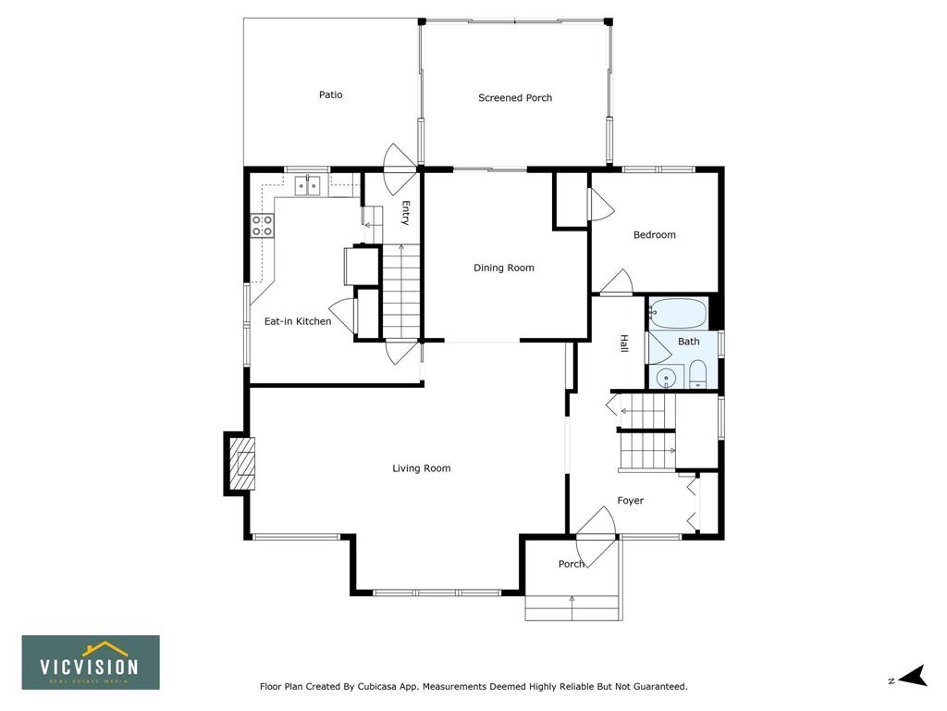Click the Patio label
pos(330,95)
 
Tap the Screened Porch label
pos(515,98)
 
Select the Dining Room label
pos(504,268)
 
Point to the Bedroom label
pos(654,234)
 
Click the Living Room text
pos(422,468)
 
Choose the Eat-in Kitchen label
pos(298,321)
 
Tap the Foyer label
pos(630,501)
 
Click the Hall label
pos(624,343)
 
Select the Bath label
pos(688,342)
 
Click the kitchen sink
pos(308,185)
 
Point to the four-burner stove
pos(262,226)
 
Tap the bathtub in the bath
pos(678,313)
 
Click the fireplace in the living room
pos(240,465)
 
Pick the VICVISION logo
pos(91,662)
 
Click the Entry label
pos(406,213)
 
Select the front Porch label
pos(572,564)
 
